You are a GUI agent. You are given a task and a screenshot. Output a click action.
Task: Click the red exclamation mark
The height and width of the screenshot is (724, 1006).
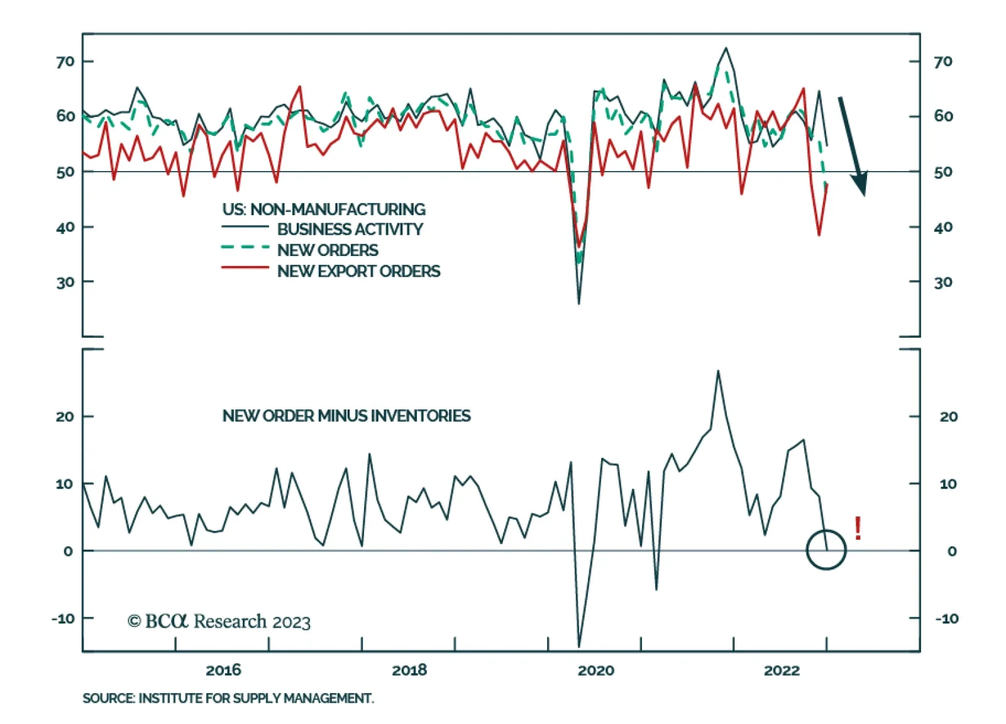858,528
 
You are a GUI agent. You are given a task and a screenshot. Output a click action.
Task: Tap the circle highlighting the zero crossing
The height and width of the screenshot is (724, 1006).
807,550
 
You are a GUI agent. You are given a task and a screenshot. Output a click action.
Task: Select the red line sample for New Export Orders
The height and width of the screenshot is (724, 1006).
245,268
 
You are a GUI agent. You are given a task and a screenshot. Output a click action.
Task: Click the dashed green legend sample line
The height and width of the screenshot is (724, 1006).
245,247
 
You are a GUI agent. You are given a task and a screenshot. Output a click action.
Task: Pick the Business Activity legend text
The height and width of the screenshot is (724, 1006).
350,229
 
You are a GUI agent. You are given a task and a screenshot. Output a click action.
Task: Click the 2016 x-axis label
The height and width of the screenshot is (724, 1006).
223,671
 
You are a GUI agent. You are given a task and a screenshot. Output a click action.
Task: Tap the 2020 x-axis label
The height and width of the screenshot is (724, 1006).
596,671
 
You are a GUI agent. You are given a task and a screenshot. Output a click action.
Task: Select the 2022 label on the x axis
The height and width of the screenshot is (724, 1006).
782,671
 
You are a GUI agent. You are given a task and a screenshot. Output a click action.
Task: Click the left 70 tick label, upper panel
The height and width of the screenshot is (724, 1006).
65,62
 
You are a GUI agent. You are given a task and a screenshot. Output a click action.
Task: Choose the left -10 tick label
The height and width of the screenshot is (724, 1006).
63,619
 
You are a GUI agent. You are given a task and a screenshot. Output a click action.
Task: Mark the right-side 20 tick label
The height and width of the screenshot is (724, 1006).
949,416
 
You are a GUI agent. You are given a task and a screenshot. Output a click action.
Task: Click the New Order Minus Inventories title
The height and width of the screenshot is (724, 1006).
346,416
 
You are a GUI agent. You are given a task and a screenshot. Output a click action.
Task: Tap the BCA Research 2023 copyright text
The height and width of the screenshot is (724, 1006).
219,621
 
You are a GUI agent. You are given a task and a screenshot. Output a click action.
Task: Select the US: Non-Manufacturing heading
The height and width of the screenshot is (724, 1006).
324,209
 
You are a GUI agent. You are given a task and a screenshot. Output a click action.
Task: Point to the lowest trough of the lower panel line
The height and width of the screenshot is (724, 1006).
579,646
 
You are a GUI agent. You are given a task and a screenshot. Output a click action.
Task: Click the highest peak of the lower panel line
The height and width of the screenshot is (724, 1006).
718,371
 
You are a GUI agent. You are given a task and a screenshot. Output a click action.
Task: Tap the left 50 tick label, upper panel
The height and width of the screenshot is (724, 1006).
65,172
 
